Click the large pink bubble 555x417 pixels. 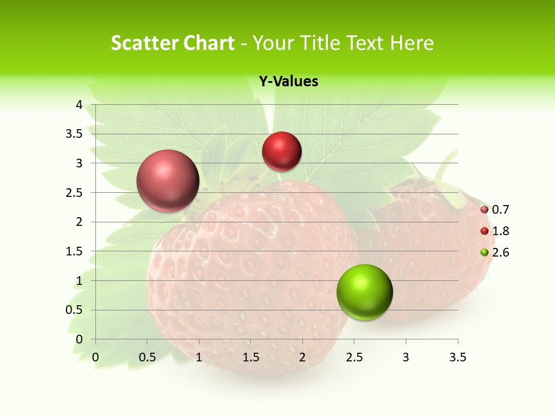[x=168, y=181]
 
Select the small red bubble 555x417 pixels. [x=282, y=151]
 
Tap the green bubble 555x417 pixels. [x=364, y=292]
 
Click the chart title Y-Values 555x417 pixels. [x=288, y=82]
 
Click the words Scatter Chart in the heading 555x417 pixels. [x=172, y=43]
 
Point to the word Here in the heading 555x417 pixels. [x=412, y=43]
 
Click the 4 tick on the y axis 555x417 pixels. [x=79, y=105]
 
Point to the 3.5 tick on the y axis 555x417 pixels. [x=75, y=134]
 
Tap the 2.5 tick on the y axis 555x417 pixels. [x=75, y=192]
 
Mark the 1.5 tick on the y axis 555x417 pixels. [x=75, y=251]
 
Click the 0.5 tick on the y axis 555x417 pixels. [x=75, y=310]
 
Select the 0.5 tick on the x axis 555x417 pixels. [x=147, y=357]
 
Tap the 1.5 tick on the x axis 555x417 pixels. [x=250, y=357]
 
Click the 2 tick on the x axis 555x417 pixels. [x=302, y=357]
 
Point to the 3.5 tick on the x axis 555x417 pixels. [x=458, y=357]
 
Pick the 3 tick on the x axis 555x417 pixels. [x=406, y=357]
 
